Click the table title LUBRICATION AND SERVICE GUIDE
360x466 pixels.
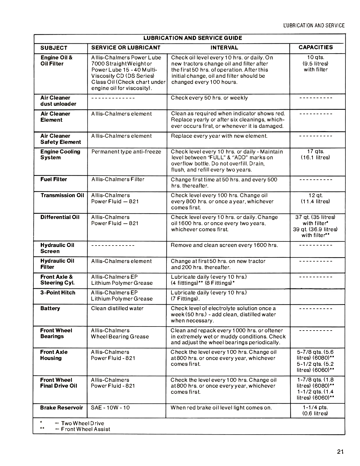point(192,38)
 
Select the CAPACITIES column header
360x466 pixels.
point(315,47)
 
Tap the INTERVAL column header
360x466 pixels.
point(224,48)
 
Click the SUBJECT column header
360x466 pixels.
point(54,48)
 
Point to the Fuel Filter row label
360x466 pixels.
point(54,179)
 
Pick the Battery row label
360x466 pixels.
point(50,308)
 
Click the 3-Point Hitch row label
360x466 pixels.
point(58,293)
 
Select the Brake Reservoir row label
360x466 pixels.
point(61,408)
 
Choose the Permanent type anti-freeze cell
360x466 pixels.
point(126,152)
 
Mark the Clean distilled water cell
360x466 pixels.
point(117,308)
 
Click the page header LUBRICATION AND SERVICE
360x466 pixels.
point(314,26)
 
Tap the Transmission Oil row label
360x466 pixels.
point(62,195)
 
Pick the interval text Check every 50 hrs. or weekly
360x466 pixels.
point(209,98)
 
